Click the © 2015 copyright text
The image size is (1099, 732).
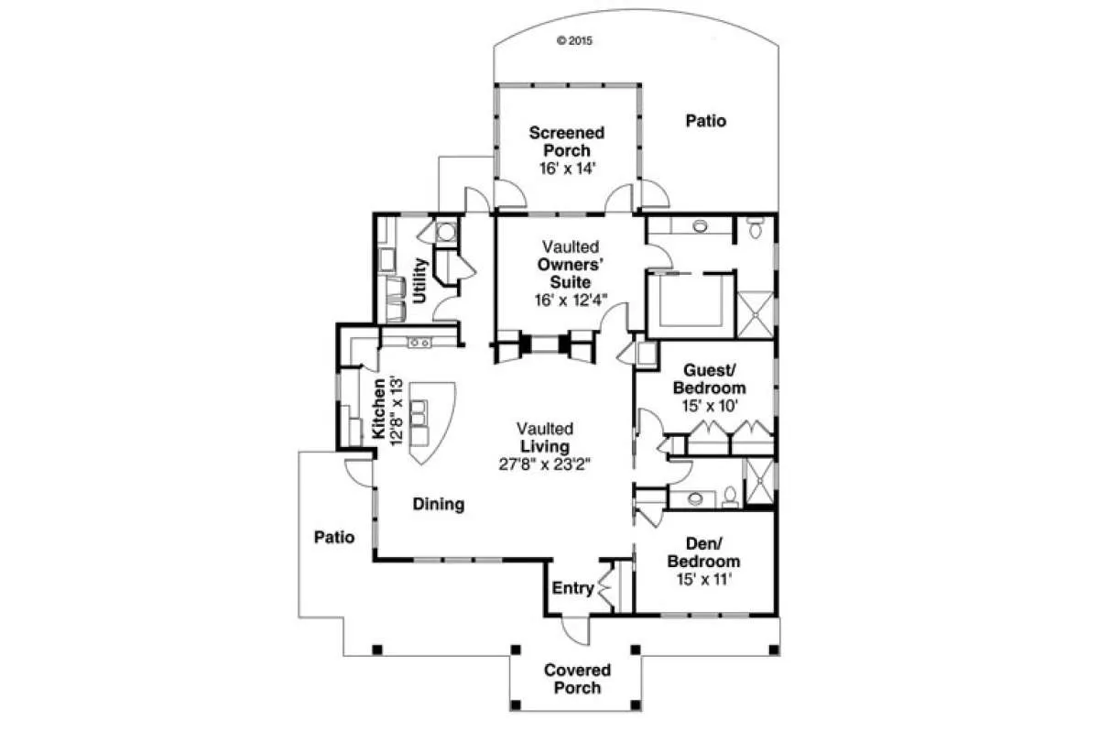click(x=574, y=40)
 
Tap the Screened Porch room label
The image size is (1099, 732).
click(x=567, y=141)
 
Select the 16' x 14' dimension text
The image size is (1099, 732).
click(x=567, y=169)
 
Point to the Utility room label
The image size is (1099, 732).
click(x=420, y=281)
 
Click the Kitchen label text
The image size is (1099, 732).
click(x=379, y=409)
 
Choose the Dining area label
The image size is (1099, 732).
click(x=439, y=504)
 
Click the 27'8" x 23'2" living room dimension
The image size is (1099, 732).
click(x=545, y=464)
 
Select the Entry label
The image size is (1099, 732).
click(x=572, y=587)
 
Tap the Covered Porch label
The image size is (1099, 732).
click(x=578, y=679)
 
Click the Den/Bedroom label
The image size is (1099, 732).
click(x=703, y=552)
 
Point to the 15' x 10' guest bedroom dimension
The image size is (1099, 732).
click(x=710, y=406)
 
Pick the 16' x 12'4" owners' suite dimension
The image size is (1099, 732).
click(x=571, y=300)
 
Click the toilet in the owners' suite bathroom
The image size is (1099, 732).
click(x=755, y=227)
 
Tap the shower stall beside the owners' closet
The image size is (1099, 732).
click(x=755, y=315)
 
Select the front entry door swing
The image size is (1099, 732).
click(x=574, y=630)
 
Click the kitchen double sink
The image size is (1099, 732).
click(x=419, y=343)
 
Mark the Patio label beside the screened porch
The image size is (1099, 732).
click(x=705, y=121)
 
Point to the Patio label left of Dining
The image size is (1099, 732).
click(x=334, y=537)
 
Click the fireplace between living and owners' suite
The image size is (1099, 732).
click(x=545, y=344)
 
